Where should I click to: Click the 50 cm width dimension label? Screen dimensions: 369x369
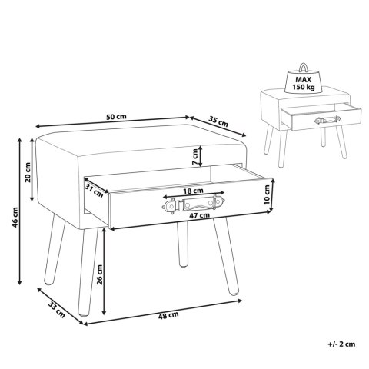(116, 117)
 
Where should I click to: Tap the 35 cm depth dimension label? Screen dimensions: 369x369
(218, 121)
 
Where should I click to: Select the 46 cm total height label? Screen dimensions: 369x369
(15, 218)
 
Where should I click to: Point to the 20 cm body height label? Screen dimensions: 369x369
(28, 172)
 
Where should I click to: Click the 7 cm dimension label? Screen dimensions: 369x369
(195, 157)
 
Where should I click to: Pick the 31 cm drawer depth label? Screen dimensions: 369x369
(94, 191)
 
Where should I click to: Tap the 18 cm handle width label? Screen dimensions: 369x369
(194, 191)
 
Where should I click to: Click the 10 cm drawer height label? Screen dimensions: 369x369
(267, 194)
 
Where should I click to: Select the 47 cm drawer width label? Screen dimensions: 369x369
(200, 215)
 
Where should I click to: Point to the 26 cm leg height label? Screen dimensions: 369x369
(99, 274)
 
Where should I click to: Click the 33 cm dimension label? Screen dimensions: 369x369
(56, 310)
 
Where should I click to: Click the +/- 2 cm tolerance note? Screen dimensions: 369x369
(341, 344)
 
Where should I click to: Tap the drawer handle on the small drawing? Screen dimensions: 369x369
(327, 120)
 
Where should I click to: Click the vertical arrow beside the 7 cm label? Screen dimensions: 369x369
(201, 156)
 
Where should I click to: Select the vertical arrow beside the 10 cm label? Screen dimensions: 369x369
(273, 195)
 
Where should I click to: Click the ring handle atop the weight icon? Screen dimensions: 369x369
(304, 67)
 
